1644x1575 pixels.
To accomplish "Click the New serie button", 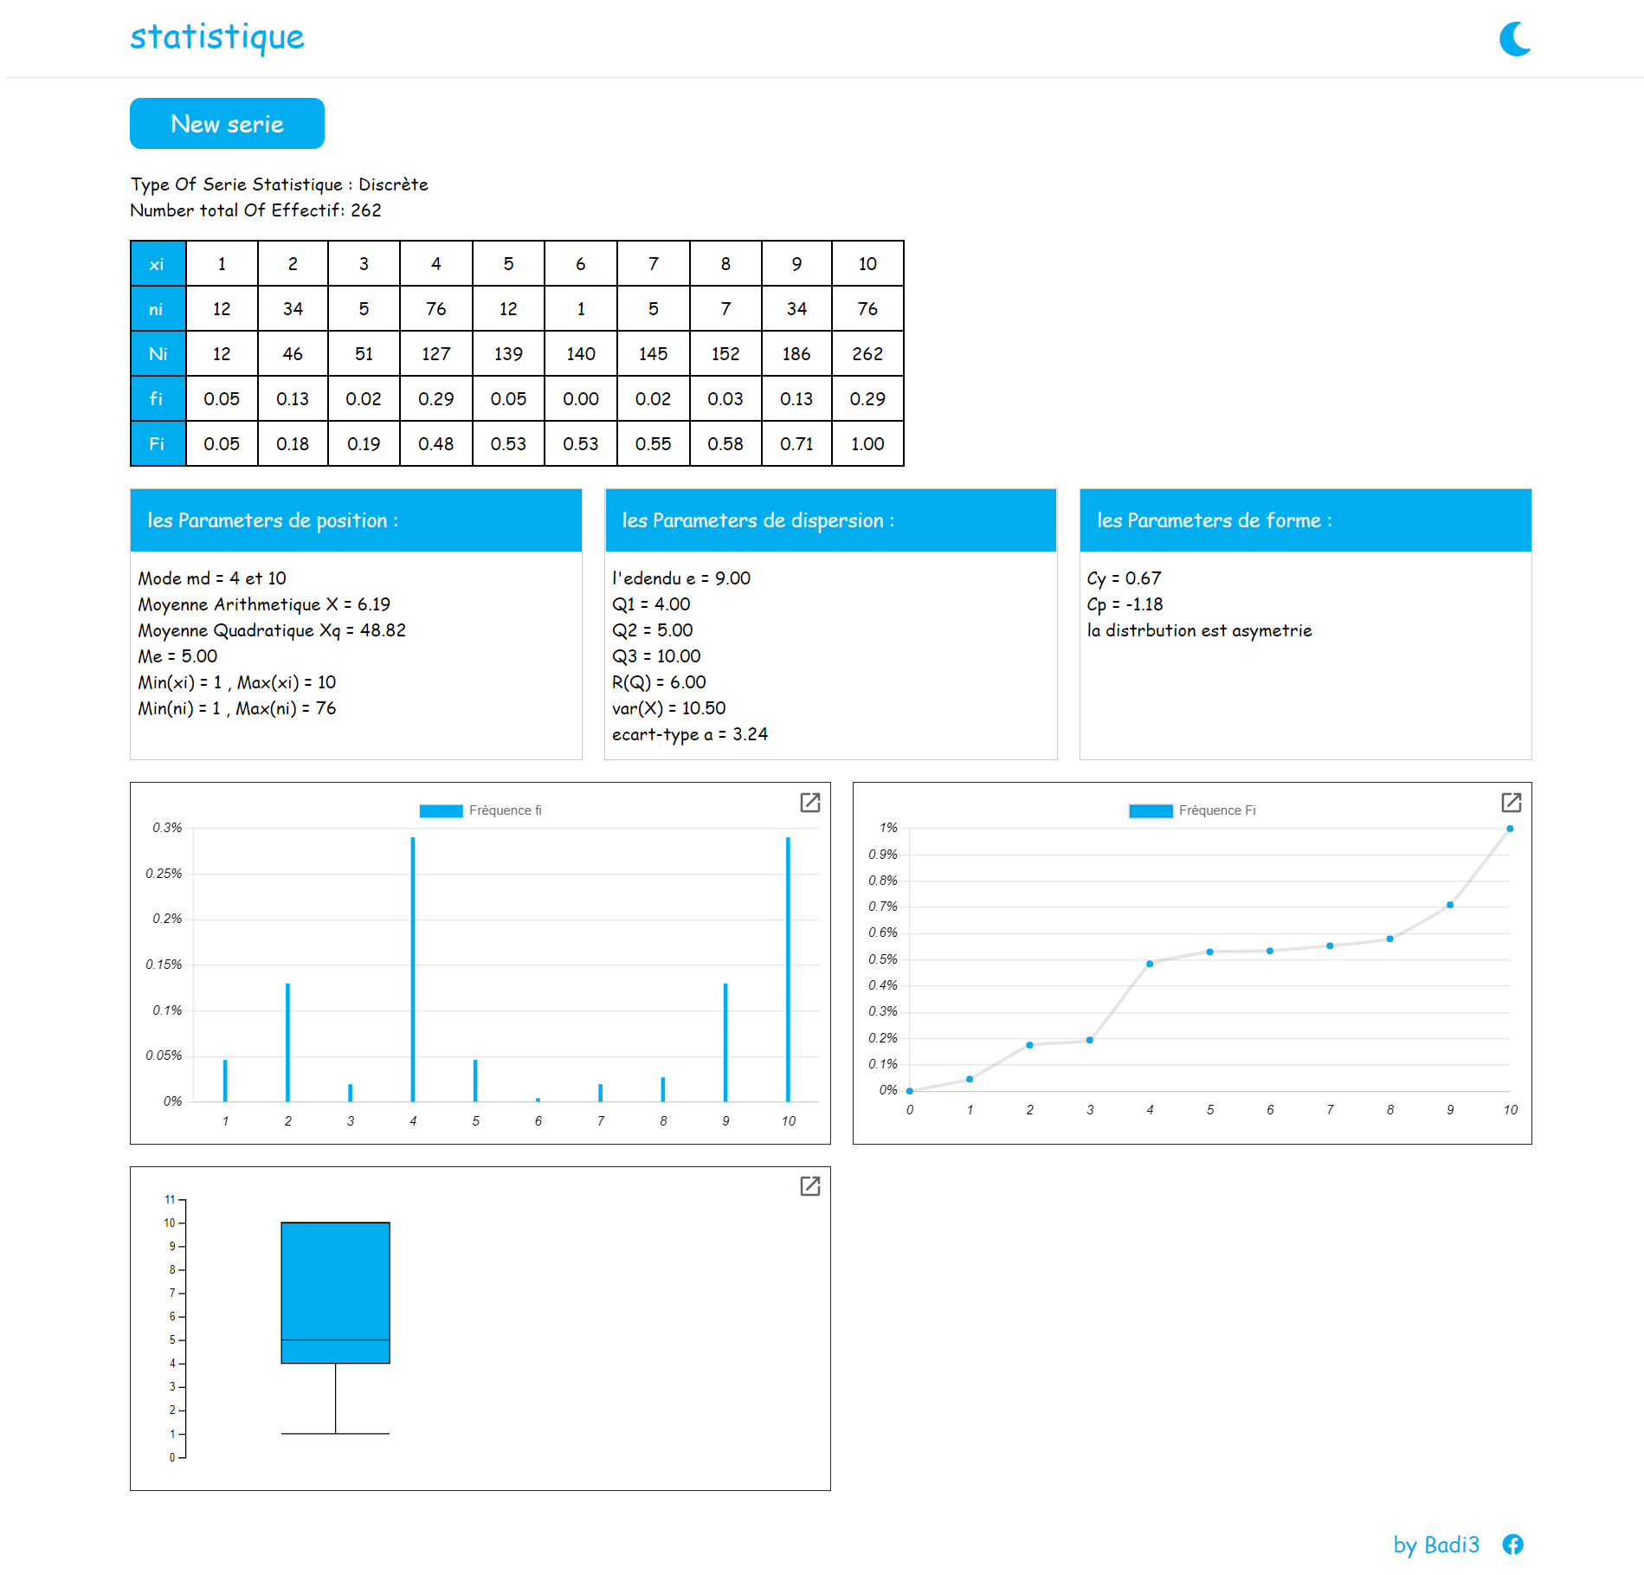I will click(x=227, y=124).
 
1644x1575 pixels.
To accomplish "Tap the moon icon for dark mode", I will click(x=1515, y=39).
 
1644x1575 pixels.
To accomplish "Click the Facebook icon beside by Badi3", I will click(x=1512, y=1544).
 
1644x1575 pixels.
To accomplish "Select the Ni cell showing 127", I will click(x=435, y=354).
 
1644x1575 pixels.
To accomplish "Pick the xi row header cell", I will click(x=157, y=264).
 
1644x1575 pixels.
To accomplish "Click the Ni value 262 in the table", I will click(x=867, y=354).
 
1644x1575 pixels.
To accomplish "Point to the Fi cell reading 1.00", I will click(x=867, y=444).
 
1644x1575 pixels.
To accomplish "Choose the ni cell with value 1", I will click(x=580, y=309).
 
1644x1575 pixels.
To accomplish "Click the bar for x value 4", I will click(x=413, y=970).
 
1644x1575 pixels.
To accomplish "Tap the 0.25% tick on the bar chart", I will click(x=164, y=874).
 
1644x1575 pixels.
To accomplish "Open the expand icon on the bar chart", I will click(x=809, y=803).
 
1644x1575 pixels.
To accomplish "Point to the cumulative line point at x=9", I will click(x=1450, y=905).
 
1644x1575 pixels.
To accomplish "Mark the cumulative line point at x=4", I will click(x=1150, y=964).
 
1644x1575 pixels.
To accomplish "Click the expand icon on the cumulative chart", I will click(x=1511, y=803).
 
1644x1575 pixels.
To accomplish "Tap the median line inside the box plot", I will click(x=335, y=1339).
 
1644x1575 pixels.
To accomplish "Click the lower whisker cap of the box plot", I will click(x=335, y=1434).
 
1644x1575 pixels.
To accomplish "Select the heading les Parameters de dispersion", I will click(x=758, y=520).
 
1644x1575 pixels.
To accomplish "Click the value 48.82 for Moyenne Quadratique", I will click(x=383, y=630).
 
